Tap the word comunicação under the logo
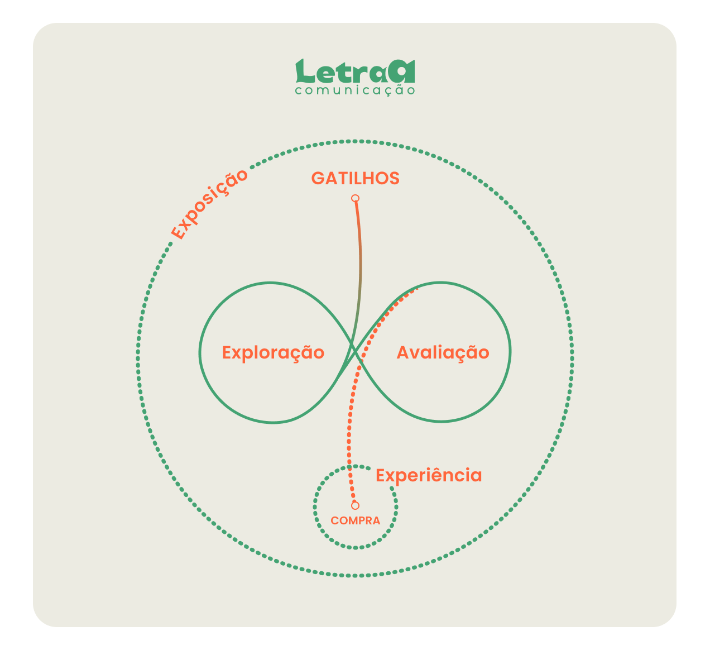[355, 90]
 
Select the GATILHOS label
[356, 178]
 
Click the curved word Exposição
[209, 204]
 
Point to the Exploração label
[273, 353]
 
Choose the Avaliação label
[443, 353]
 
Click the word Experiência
[429, 476]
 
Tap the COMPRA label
[356, 520]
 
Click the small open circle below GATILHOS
[356, 198]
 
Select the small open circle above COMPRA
[356, 505]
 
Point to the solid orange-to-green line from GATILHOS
[361, 269]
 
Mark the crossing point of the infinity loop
[355, 352]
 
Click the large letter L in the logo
[305, 71]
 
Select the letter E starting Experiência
[381, 475]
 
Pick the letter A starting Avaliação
[403, 352]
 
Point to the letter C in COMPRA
[334, 520]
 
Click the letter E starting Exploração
[227, 352]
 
